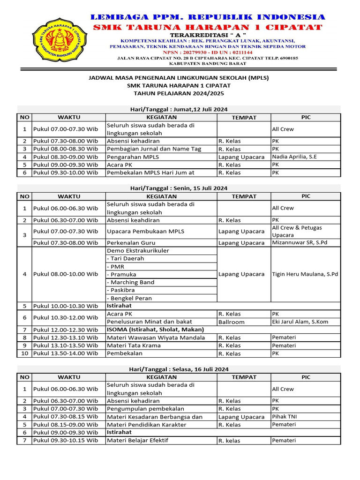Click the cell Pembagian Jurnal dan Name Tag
(154, 149)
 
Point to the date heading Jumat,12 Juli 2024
(179, 109)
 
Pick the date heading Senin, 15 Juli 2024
(179, 188)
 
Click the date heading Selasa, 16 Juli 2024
(179, 369)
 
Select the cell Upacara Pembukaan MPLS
(145, 231)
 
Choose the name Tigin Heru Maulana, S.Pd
(305, 274)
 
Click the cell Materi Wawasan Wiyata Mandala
(156, 337)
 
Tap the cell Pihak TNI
(284, 416)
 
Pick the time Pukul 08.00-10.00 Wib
(66, 274)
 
